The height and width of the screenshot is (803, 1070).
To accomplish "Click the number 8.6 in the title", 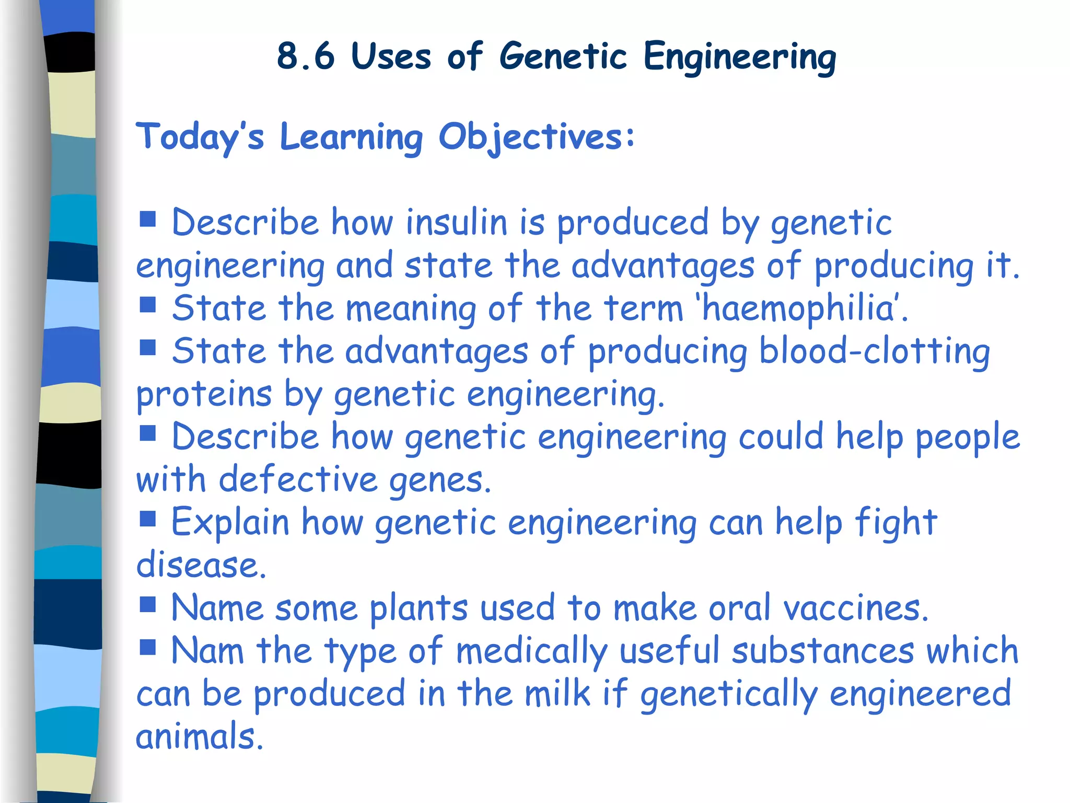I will (305, 56).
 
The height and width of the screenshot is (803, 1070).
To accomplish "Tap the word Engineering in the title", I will (739, 57).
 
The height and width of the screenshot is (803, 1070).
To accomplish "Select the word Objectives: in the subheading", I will (537, 137).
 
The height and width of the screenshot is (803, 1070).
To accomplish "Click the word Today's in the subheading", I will (200, 137).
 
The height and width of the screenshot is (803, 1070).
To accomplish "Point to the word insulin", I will (457, 222).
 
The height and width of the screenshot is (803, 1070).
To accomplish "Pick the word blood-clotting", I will (874, 351).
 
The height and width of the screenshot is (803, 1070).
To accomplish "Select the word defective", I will (298, 479).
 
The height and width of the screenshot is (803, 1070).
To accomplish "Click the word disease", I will (201, 565).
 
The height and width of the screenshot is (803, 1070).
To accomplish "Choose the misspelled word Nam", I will (207, 651).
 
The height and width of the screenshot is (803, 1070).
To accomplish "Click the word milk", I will (557, 694).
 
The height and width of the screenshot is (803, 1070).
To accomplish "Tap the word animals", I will (199, 737).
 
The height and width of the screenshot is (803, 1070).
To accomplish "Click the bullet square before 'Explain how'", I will (148, 519).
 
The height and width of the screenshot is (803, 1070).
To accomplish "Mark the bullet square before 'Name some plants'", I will (148, 604).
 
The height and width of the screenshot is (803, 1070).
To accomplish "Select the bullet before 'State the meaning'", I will (148, 304).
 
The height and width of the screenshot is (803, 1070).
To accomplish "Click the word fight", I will (896, 522).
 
